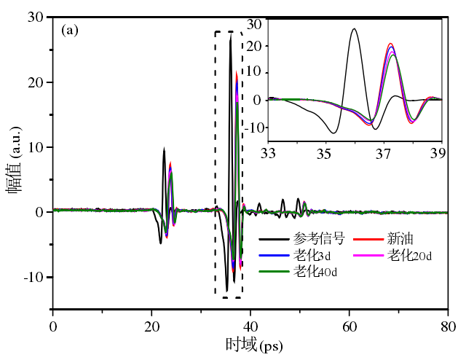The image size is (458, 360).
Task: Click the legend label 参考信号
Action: tap(319, 238)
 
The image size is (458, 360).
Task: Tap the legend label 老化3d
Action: tap(312, 255)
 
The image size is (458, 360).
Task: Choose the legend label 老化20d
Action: tap(409, 255)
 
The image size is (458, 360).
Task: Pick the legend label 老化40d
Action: tap(315, 271)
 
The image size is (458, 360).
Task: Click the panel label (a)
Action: tap(70, 31)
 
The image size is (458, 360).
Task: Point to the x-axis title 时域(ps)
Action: tap(254, 345)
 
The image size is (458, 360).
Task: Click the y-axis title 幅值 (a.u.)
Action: tap(15, 160)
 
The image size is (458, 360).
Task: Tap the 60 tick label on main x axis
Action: tap(350, 326)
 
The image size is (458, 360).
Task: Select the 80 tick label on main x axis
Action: tap(449, 326)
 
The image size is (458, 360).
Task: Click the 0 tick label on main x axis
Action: tap(53, 326)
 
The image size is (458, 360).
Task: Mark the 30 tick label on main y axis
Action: tap(36, 17)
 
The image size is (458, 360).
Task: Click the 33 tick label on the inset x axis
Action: tap(268, 152)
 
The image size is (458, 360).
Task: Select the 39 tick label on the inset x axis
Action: tap(438, 152)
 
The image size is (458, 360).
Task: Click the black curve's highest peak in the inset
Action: tap(354, 28)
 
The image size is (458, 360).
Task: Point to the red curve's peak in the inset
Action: tap(390, 44)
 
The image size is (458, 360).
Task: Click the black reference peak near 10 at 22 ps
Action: tap(164, 149)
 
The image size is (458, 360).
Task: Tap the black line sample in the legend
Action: tap(274, 239)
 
